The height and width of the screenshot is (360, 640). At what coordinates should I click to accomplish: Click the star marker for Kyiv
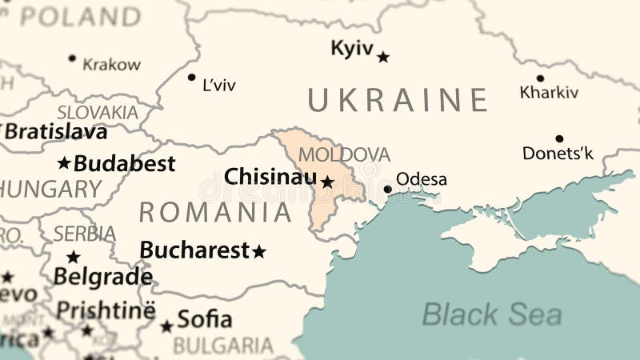click(383, 57)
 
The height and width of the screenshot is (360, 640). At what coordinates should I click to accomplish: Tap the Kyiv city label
click(352, 49)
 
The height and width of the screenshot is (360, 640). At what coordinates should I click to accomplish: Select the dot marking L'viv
click(191, 78)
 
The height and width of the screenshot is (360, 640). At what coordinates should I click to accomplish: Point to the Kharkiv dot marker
click(540, 78)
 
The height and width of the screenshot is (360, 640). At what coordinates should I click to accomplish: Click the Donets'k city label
click(558, 153)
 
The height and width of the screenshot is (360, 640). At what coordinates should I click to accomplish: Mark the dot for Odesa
click(388, 190)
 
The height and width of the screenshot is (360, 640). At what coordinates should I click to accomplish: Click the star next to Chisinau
click(327, 182)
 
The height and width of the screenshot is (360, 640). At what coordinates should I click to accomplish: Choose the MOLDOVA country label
click(344, 154)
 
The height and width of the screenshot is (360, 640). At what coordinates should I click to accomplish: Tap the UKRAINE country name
click(398, 100)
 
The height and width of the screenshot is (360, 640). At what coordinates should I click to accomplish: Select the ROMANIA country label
click(215, 212)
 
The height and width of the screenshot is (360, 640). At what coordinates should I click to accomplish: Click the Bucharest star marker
click(259, 252)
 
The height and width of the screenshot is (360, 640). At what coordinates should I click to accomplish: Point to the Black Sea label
click(491, 314)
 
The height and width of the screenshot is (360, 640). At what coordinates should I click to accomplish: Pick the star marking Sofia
click(166, 326)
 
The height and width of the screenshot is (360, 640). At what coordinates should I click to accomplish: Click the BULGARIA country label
click(223, 346)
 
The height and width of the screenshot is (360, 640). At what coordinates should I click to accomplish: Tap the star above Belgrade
click(74, 258)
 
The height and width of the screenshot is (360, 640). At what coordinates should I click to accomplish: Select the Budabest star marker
click(64, 164)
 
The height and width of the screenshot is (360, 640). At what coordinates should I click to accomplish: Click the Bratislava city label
click(56, 130)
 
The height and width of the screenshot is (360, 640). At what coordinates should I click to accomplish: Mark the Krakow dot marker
click(72, 58)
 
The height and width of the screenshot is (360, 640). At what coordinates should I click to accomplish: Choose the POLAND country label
click(79, 16)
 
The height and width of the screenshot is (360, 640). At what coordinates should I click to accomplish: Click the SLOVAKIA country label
click(98, 112)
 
